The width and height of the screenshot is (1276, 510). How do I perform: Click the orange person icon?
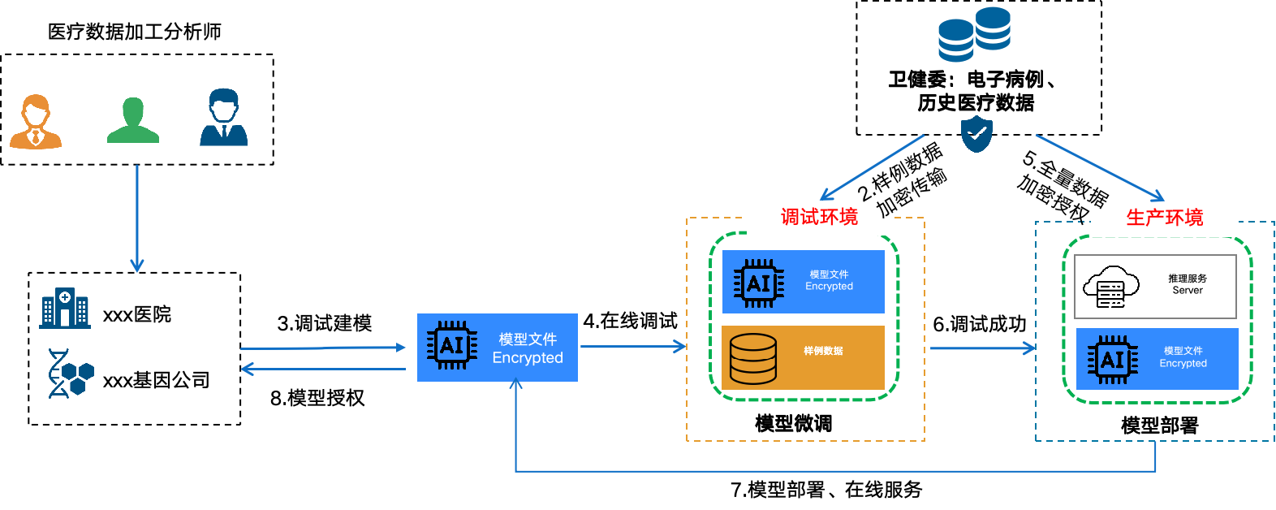click(36, 122)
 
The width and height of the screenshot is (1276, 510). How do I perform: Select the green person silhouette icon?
click(133, 120)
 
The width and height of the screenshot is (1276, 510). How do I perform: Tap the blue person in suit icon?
click(223, 118)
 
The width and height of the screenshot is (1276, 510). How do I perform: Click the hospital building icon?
click(65, 308)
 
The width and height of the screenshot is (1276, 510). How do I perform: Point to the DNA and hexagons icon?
click(71, 374)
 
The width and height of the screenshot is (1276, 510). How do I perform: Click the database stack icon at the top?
click(974, 34)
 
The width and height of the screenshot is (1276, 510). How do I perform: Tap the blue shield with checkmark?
click(976, 134)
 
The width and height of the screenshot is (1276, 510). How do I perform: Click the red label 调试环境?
click(819, 217)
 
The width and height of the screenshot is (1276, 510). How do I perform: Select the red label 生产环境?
click(1164, 218)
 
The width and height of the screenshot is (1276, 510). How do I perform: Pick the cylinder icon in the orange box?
click(752, 359)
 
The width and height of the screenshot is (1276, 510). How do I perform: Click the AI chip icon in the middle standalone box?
click(452, 346)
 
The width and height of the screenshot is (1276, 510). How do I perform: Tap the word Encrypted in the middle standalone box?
click(528, 358)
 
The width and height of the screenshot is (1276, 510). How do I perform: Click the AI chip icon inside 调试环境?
click(758, 283)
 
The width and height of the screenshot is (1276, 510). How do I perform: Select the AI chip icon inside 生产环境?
click(1112, 360)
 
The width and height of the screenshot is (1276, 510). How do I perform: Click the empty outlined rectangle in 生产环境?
click(1155, 287)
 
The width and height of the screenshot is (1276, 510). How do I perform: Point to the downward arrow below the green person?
click(137, 219)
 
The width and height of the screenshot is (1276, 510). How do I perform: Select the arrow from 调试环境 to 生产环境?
click(982, 348)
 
